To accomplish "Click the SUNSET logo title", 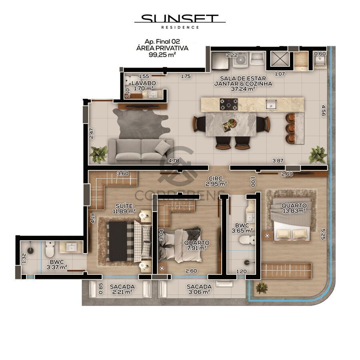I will point(180,19).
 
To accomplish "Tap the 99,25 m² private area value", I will point(162,54).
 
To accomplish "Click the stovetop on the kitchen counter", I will point(229,105).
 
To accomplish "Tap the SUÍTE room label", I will point(124,206).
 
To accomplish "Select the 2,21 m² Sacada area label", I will point(122,292).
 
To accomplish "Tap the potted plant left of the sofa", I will point(98,154).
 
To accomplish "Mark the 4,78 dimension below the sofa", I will point(174,161).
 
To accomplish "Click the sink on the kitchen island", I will point(272,104).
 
